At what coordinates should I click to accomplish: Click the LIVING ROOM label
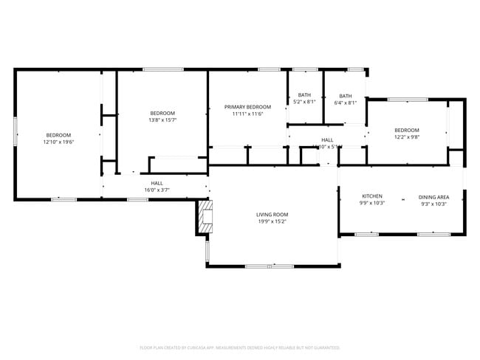coord(272,214)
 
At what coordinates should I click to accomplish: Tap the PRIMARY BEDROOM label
coord(247,107)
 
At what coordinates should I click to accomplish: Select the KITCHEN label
coord(371,196)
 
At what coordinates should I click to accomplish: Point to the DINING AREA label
coord(433,197)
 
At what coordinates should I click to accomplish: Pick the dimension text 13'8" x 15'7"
coord(162,120)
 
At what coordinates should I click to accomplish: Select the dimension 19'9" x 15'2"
coord(272,221)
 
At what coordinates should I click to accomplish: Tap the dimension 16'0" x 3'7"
coord(157,190)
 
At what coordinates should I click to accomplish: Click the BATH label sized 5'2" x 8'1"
coord(304,95)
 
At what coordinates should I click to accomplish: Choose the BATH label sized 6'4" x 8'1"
coord(346,96)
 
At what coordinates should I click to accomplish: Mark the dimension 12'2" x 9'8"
coord(406,137)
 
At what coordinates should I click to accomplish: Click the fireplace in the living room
coord(205,218)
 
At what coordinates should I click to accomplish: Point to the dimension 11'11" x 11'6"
coord(247,114)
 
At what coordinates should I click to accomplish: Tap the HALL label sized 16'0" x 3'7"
coord(157,183)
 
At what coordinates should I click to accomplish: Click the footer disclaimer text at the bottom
coord(240,347)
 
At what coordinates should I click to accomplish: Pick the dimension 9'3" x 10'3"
coord(433,204)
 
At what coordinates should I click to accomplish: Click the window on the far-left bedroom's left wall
coord(15,135)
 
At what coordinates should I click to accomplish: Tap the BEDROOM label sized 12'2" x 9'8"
coord(406,131)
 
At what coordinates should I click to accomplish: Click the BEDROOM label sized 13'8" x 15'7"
coord(162,113)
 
